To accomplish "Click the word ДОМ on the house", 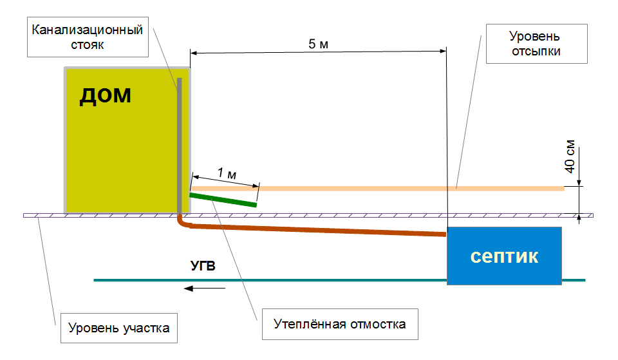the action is [105, 96].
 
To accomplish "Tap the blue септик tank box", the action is [504, 256].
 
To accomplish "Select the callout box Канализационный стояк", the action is [88, 37].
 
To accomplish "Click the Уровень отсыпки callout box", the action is [536, 44].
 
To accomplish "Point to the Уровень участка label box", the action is [119, 328].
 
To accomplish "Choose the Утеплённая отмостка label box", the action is [340, 324].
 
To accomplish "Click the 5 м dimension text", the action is [319, 44].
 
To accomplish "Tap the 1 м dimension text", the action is [227, 173].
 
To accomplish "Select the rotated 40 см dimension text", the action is [570, 156].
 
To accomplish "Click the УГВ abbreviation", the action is [203, 266].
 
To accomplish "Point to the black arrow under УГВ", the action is [205, 289].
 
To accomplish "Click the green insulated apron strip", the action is [223, 200].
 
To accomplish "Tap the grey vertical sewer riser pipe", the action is [180, 146].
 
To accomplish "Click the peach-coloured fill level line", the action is [378, 189].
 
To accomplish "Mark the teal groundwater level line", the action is [339, 280].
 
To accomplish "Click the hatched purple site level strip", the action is [308, 216].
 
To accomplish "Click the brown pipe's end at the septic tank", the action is [445, 234].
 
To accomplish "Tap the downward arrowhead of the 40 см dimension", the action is [579, 182].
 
